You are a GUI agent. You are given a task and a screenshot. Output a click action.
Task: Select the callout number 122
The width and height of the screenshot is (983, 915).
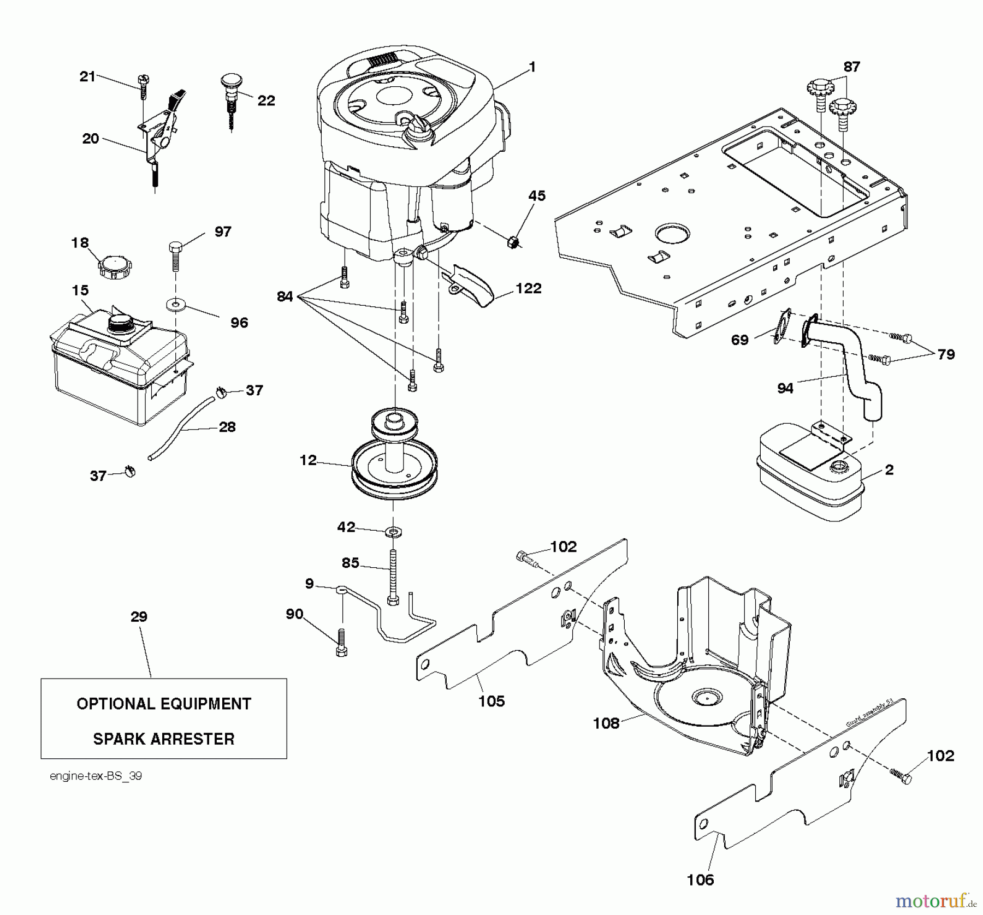tap(528, 288)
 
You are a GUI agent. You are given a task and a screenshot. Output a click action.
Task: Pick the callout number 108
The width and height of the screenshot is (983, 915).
tap(606, 723)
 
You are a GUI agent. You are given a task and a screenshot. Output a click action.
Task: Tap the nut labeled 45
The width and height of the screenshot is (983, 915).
tap(512, 240)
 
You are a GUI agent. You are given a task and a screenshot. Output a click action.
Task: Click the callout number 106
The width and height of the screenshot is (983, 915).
tap(701, 880)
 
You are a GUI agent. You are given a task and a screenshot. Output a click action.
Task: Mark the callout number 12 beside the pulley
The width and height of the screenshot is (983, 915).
tap(308, 460)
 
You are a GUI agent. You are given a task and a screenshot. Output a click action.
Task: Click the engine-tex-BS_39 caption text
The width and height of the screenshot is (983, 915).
tap(96, 776)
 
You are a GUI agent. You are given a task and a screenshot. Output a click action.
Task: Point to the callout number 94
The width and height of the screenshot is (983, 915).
tap(785, 388)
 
